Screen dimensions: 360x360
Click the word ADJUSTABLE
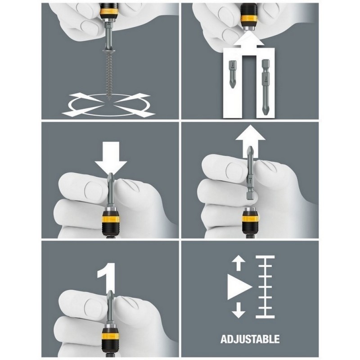250,339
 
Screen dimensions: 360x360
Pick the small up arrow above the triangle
238,263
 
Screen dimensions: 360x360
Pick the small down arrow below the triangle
238,310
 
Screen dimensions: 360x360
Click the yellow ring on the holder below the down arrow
110,220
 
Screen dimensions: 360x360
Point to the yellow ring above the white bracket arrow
249,18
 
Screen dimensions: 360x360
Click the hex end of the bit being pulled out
250,196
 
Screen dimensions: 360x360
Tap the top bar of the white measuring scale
265,257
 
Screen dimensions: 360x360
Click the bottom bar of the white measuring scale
265,317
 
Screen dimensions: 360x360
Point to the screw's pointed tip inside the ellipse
108,100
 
